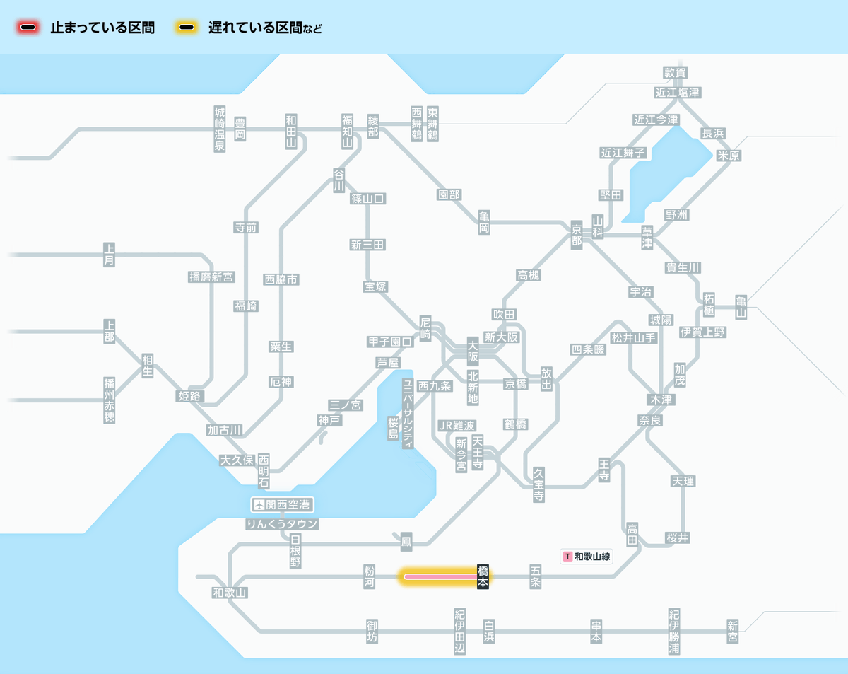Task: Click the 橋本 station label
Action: [x=483, y=577]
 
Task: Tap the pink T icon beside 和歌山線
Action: [x=567, y=557]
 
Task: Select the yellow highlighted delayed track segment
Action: [x=438, y=577]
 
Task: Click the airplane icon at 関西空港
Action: [x=259, y=505]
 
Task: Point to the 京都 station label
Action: [x=577, y=233]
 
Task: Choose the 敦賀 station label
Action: [x=676, y=73]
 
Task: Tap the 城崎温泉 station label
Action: [x=220, y=129]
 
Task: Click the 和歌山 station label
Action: [x=230, y=593]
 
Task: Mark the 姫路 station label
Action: [x=190, y=396]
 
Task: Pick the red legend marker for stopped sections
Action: [x=28, y=28]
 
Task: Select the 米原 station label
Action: [x=729, y=156]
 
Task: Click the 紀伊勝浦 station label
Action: [x=675, y=632]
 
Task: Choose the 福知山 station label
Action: [x=347, y=130]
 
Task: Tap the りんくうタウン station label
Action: [x=282, y=524]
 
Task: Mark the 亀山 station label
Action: [x=741, y=306]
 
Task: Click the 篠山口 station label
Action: [x=368, y=199]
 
